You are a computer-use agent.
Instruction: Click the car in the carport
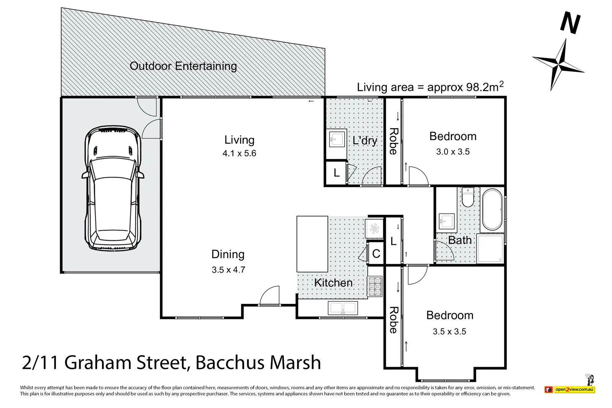113,188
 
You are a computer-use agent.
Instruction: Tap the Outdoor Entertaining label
183,66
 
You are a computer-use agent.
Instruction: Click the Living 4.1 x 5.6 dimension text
239,153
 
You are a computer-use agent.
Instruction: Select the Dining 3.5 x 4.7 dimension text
228,270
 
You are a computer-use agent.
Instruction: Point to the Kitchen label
333,283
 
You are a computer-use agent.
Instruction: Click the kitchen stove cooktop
374,286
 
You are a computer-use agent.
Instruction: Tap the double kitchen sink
343,308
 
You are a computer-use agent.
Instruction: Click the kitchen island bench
312,244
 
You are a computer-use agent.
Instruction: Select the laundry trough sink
336,139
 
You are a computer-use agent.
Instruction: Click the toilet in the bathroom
467,197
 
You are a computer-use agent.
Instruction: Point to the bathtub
492,210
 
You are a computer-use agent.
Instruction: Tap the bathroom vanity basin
447,221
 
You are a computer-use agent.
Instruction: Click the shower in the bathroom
490,249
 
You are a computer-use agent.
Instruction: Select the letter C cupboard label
376,254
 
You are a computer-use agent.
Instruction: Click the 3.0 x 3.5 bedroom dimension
453,151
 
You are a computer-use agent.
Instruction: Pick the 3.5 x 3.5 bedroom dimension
449,331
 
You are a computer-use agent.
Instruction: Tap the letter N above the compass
570,23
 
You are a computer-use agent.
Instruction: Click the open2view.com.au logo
570,389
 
